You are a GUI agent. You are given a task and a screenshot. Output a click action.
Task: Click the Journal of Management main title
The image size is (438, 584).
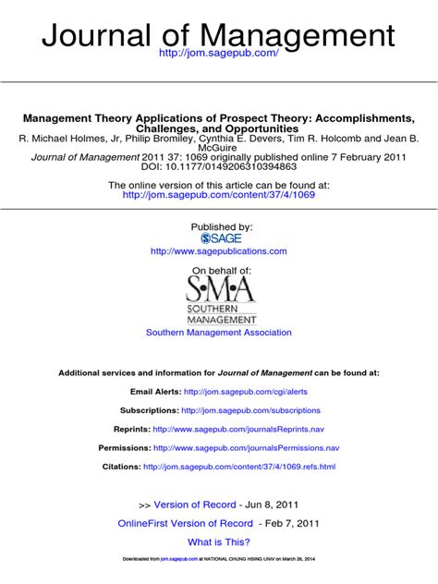click(219, 36)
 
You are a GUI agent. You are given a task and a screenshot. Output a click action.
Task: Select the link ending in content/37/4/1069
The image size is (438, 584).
click(218, 195)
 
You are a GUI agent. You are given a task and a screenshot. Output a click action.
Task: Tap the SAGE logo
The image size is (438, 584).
click(220, 238)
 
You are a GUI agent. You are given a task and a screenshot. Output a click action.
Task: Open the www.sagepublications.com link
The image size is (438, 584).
click(218, 251)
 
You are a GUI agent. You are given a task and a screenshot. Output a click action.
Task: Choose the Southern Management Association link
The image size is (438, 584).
click(219, 333)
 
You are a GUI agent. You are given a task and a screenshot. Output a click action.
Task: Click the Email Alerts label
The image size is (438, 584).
click(155, 392)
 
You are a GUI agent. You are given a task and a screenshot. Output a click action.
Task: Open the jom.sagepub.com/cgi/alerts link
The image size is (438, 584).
click(246, 392)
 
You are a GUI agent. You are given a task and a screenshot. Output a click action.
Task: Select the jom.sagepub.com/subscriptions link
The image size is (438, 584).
click(250, 410)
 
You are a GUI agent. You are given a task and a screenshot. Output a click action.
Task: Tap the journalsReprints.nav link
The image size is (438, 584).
click(238, 430)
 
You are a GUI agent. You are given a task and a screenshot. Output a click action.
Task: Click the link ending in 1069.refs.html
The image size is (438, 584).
click(239, 467)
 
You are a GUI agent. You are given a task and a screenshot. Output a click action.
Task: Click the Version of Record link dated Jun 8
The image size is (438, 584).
click(194, 505)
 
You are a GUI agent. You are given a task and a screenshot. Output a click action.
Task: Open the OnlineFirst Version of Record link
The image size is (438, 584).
click(185, 523)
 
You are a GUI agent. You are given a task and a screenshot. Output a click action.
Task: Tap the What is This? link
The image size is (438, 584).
click(219, 542)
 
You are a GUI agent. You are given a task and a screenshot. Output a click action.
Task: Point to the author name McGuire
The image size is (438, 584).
click(219, 147)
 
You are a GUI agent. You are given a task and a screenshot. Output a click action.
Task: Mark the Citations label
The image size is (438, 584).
click(121, 467)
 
